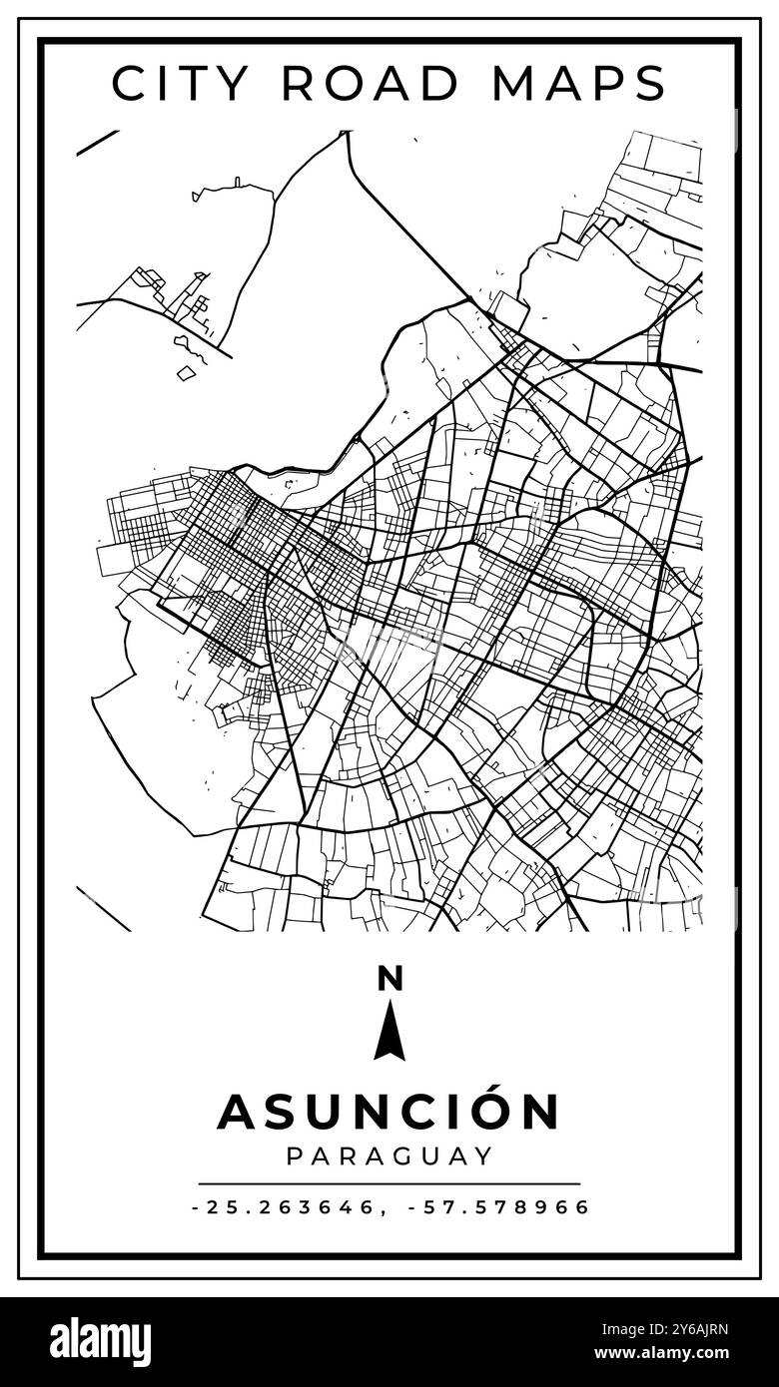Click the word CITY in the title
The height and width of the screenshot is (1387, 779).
[180, 83]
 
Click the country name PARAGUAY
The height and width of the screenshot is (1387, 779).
[389, 1156]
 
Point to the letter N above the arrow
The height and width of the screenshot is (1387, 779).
[389, 979]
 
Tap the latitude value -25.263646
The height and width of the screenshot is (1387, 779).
[284, 1207]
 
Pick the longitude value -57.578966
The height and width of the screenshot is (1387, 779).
[499, 1207]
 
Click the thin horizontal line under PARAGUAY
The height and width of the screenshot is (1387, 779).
[389, 1183]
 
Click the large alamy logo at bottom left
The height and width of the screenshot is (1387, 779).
[101, 1342]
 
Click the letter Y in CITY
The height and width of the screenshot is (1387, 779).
[235, 83]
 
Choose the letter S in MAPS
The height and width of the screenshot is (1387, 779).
[649, 83]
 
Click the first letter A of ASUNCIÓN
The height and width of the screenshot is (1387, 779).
[236, 1112]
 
